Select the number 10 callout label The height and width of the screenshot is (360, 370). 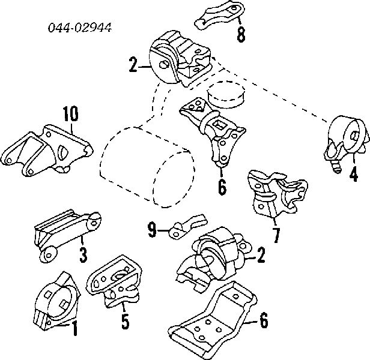point(70,113)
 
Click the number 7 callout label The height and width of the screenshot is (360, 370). point(276,236)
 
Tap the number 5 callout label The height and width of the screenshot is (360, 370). point(124,322)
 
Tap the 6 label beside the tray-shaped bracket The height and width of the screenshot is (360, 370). point(264,322)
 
